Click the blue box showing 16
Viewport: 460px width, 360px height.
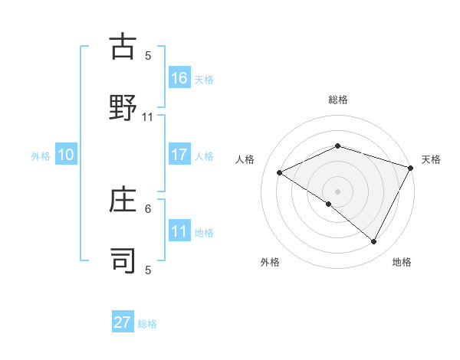pos(179,77)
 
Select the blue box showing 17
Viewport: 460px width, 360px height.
pos(179,155)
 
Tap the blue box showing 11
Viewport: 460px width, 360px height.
pos(179,231)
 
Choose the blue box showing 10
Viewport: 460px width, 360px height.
pos(66,155)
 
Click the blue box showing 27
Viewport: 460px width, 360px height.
pos(123,322)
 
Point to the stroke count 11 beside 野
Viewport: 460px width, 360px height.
pos(148,117)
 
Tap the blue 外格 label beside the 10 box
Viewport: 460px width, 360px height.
pos(41,155)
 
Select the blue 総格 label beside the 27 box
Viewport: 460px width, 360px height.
pos(147,323)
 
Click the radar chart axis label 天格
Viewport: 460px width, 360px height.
pos(431,159)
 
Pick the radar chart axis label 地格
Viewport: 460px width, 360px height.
pos(402,262)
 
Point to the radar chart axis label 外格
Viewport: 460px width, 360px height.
pos(270,262)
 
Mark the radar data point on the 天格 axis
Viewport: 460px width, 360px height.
pos(412,168)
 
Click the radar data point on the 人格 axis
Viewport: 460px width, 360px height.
pos(280,172)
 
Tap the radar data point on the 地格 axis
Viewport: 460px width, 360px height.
pos(374,241)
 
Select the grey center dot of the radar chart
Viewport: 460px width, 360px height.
pos(337,191)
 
